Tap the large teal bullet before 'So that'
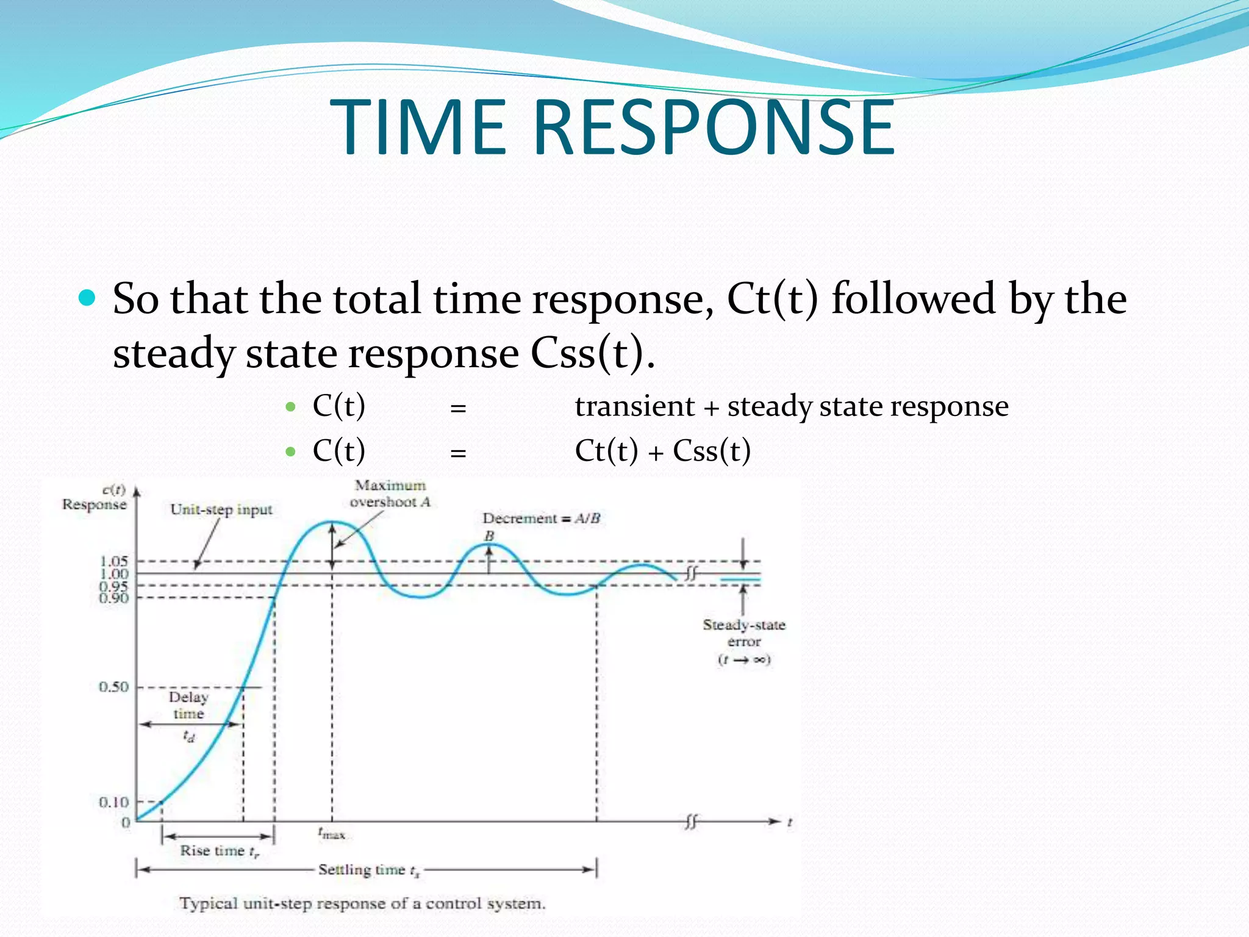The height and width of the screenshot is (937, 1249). point(88,298)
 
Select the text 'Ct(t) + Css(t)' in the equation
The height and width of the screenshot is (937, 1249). point(662,451)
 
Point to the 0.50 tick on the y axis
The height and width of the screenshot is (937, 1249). point(114,687)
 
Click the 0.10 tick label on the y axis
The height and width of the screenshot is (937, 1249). point(114,802)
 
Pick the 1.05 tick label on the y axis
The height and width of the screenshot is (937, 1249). point(114,561)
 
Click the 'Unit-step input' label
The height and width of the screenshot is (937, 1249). point(221,509)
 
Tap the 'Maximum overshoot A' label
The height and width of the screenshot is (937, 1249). point(390,494)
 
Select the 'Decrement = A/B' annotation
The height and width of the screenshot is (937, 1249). point(541,519)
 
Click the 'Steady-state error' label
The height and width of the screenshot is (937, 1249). point(744,633)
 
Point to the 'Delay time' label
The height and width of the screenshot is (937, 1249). point(188,705)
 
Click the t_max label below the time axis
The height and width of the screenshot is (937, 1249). point(331,833)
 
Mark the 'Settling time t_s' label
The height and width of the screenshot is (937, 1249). point(368,870)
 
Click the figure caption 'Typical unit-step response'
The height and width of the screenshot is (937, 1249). point(362,903)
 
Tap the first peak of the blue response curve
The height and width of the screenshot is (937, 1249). point(331,522)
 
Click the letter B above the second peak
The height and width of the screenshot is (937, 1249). point(489,536)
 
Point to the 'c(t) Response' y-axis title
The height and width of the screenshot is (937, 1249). point(95,497)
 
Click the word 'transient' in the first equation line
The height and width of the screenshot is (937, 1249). point(634,406)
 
